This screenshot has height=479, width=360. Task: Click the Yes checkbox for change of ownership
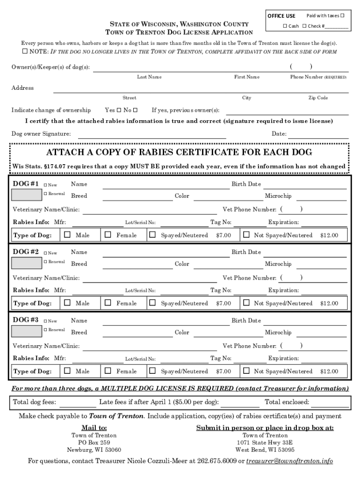[x=119, y=110]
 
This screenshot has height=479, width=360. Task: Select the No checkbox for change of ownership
[x=135, y=110]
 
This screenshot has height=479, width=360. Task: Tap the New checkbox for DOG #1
[x=46, y=184]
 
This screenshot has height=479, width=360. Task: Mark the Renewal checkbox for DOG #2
[x=46, y=261]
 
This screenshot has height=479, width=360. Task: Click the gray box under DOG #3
[x=26, y=331]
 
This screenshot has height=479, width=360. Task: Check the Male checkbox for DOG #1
[x=67, y=235]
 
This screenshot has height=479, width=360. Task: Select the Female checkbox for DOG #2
[x=108, y=303]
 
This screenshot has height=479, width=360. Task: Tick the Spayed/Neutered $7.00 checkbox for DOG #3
[x=152, y=371]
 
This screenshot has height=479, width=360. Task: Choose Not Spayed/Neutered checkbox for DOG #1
[x=246, y=235]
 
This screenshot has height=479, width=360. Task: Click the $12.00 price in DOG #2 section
[x=329, y=303]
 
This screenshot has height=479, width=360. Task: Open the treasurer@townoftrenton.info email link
[x=289, y=461]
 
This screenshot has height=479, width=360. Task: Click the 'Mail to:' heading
[x=94, y=428]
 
